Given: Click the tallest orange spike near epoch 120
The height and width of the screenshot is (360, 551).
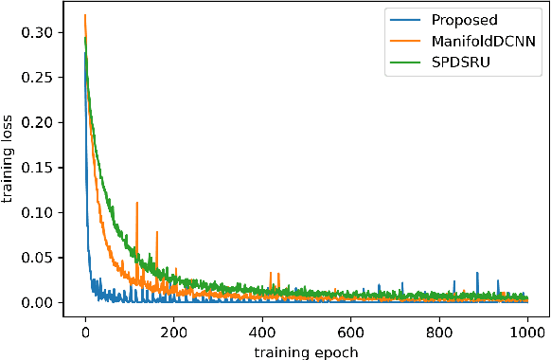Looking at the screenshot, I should coord(137,203).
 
